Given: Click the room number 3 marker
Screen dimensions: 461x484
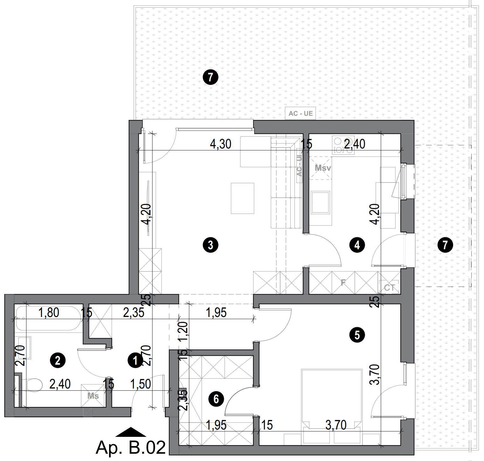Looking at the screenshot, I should click(210, 245).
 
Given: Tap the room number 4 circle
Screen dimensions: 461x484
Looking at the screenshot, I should click(357, 245).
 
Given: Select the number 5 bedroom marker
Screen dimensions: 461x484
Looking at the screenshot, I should click(357, 335).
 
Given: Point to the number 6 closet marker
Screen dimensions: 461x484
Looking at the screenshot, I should click(216, 399).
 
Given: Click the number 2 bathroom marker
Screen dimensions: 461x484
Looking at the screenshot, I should click(58, 361).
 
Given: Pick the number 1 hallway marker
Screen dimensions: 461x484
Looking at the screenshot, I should click(135, 361).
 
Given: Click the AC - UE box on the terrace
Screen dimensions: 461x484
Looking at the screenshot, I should click(301, 114).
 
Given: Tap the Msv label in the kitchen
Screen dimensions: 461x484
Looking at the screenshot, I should click(323, 168).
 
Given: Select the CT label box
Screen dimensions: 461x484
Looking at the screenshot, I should click(389, 288).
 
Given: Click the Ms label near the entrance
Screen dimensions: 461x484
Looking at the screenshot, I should click(93, 396).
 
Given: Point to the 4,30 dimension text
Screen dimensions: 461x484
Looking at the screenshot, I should click(221, 144).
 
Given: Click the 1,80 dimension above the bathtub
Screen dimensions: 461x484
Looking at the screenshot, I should click(49, 313).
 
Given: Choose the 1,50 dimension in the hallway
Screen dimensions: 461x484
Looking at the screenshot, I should click(141, 384).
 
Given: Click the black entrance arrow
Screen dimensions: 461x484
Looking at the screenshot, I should click(131, 432).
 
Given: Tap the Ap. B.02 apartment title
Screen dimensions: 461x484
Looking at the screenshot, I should click(131, 448).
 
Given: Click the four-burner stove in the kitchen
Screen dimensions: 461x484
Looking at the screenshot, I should click(343, 145).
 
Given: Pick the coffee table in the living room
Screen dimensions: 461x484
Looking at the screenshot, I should click(242, 198).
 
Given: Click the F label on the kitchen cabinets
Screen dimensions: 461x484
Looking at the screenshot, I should click(343, 282).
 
